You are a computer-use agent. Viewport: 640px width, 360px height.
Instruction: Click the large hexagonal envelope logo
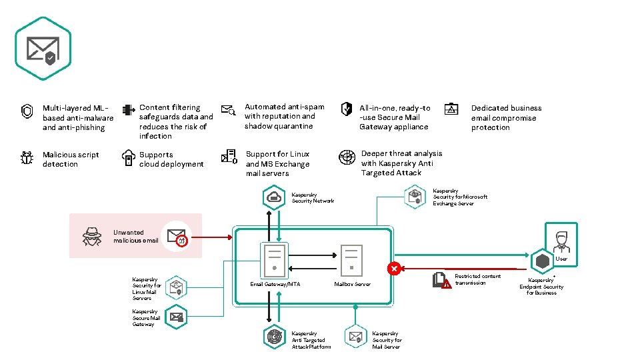point(43,49)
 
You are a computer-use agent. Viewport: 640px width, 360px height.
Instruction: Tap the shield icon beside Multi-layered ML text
point(27,111)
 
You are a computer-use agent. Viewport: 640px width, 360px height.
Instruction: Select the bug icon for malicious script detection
point(27,158)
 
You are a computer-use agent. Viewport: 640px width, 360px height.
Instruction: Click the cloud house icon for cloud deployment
point(129,158)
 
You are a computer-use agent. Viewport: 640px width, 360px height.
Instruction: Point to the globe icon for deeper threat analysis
point(346,158)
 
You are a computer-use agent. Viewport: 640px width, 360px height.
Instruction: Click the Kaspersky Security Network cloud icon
point(274,197)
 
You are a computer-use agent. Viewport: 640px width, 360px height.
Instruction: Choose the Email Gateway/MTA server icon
point(275,260)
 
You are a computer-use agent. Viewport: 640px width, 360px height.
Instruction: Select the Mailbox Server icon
point(351,260)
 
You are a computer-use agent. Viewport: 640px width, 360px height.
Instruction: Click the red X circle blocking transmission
point(394,269)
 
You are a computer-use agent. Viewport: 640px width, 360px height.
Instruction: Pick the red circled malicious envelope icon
point(177,235)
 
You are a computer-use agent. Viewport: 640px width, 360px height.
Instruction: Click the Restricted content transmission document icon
point(441,279)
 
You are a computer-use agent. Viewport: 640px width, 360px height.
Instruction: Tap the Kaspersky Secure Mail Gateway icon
point(176,316)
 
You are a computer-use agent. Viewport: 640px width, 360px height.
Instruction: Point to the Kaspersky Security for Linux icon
point(176,287)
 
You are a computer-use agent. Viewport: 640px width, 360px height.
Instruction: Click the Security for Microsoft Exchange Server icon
point(415,196)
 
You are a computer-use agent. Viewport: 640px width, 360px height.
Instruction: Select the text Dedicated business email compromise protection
point(506,117)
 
